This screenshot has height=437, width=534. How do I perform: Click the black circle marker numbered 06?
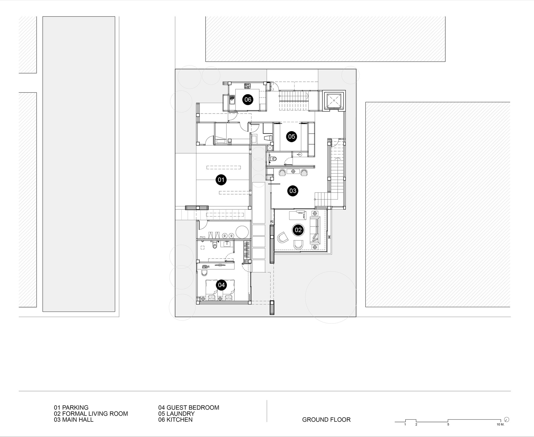tap(248, 100)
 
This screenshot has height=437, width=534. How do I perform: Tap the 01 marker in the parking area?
tap(221, 180)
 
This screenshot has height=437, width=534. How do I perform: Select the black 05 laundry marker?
tap(291, 136)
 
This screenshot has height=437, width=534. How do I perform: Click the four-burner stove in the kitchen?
tap(247, 86)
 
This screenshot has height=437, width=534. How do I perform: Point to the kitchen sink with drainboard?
tap(231, 101)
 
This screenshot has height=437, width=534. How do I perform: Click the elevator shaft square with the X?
tap(334, 101)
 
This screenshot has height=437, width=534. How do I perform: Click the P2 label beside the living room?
tap(272, 222)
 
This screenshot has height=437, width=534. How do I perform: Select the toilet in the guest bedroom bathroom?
tap(215, 245)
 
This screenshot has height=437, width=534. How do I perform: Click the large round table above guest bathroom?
tap(243, 232)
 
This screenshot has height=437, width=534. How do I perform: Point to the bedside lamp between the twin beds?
tap(220, 298)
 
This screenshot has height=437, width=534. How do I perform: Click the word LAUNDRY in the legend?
tap(180, 413)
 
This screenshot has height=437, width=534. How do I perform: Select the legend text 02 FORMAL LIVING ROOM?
tap(91, 413)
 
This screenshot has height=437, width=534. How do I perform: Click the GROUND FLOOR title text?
tap(326, 420)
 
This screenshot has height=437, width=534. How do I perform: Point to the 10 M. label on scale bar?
tap(500, 424)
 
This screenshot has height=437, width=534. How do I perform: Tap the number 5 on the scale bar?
tap(448, 424)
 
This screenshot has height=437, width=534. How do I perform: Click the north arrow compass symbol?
tap(507, 419)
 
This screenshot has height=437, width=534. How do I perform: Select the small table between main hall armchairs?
tap(293, 171)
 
